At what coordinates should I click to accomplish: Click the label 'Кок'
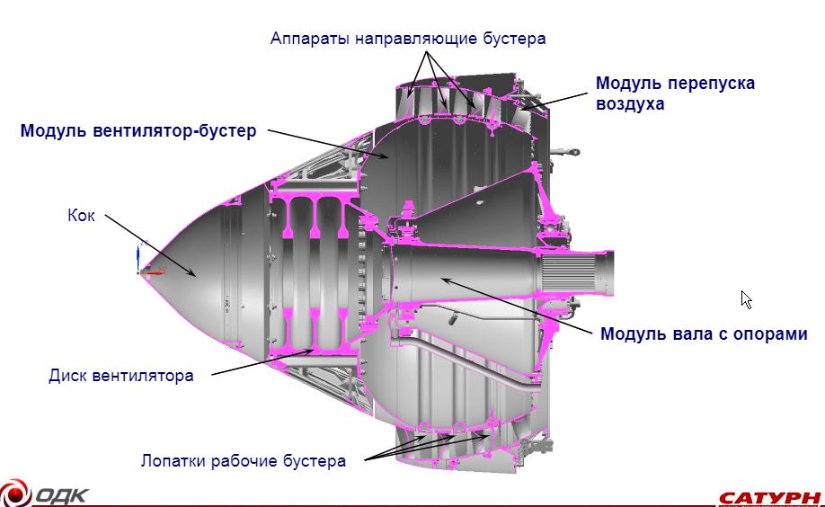[x=81, y=215]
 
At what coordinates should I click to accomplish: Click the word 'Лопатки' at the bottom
[x=173, y=461]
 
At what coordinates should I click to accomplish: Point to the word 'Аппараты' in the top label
[x=309, y=39]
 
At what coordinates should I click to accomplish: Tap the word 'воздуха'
[x=630, y=103]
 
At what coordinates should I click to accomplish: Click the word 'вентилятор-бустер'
[x=174, y=130]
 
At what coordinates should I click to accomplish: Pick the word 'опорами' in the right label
[x=770, y=334]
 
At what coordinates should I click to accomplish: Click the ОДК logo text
[x=61, y=496]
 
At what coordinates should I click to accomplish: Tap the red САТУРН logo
[x=770, y=497]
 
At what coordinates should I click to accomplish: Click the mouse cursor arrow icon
[x=746, y=299]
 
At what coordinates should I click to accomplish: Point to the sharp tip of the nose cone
[x=140, y=272]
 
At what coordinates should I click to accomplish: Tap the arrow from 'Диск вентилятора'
[x=263, y=362]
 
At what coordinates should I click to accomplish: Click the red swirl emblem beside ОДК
[x=14, y=494]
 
